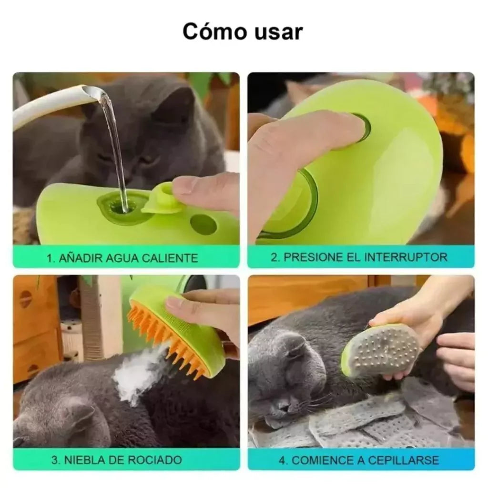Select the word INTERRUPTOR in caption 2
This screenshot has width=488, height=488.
[406, 257]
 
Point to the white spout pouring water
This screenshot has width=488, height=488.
[48, 105]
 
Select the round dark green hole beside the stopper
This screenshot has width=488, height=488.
[203, 224]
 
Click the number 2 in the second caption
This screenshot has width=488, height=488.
[274, 257]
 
